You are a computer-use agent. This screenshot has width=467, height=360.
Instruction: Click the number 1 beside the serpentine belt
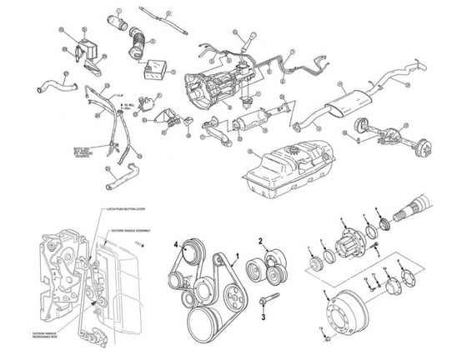click(x=239, y=255)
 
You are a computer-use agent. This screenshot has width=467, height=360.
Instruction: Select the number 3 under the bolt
click(x=264, y=317)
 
